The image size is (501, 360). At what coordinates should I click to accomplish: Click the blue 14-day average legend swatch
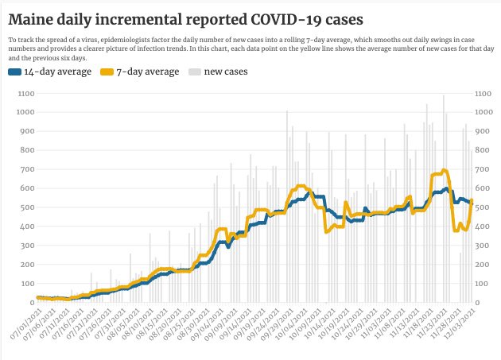pyautogui.click(x=16, y=72)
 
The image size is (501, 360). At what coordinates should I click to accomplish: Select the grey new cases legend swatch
pyautogui.click(x=193, y=72)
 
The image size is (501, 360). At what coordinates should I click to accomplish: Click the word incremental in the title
pyautogui.click(x=143, y=17)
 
